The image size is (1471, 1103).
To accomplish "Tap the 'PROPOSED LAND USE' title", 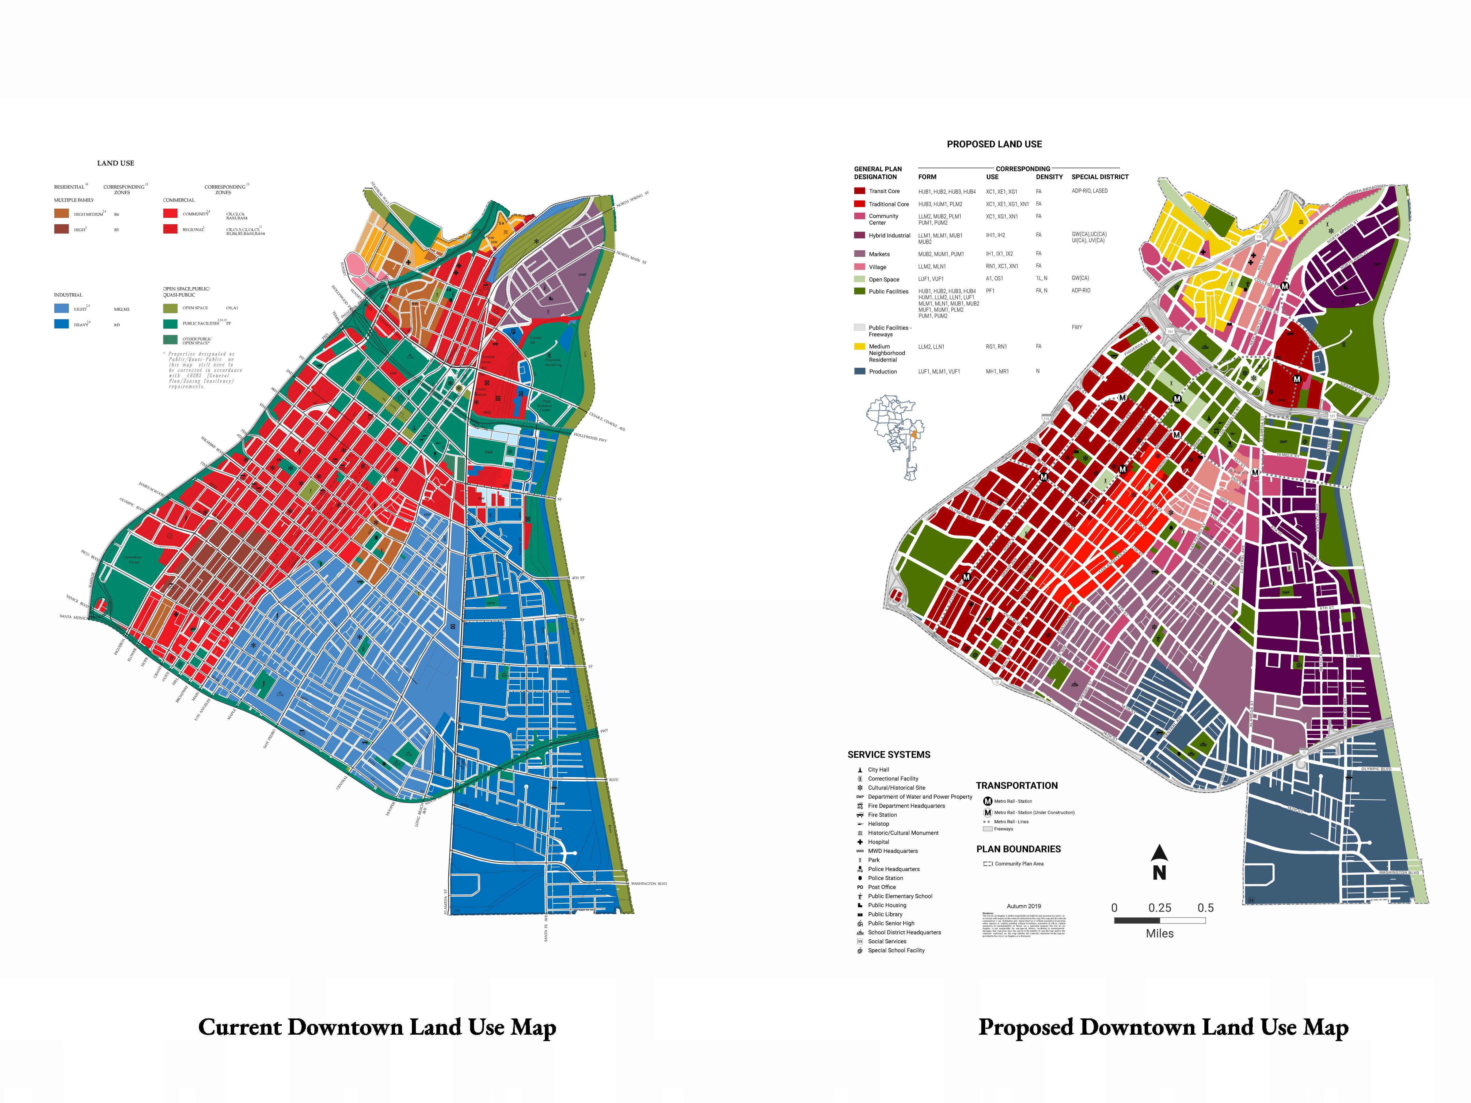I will coord(994,144).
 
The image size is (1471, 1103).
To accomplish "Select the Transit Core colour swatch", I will coord(859,191).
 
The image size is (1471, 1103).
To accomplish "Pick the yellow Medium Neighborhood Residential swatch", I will coord(859,347).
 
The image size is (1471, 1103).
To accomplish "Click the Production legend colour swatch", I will coord(859,371).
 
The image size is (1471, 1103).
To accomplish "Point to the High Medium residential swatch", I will coord(61,214).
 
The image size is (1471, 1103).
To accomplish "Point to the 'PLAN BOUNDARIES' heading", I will coord(1018,849).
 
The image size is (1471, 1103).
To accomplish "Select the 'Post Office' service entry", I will coord(881,887).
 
